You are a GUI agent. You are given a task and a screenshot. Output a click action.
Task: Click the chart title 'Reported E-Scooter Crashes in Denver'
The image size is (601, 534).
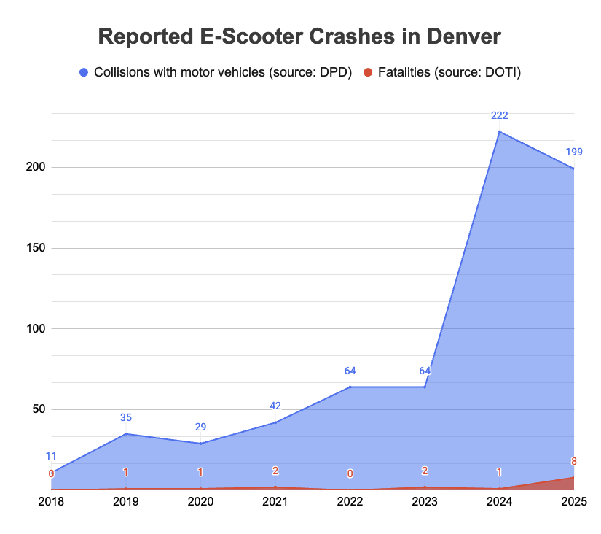click(x=299, y=37)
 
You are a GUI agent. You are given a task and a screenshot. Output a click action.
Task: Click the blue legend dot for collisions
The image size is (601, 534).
click(x=83, y=72)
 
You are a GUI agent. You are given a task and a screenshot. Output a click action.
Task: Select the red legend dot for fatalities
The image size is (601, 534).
click(x=368, y=72)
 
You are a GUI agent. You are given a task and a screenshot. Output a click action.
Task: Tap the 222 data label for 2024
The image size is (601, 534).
click(x=499, y=115)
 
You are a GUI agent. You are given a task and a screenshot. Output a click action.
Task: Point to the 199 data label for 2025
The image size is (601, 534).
click(x=574, y=152)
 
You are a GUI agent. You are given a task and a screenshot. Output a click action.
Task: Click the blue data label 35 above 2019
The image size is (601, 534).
click(x=126, y=418)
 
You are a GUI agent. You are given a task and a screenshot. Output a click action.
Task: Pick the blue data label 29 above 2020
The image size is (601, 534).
click(x=200, y=426)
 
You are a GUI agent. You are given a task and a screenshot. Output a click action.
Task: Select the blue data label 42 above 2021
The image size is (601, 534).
click(x=275, y=406)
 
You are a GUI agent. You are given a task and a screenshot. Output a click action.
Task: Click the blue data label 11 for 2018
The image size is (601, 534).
click(x=51, y=456)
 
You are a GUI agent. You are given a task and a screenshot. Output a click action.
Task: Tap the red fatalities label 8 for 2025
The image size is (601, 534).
click(x=574, y=460)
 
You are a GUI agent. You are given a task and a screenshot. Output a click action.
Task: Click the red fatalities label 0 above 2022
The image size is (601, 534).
click(x=350, y=473)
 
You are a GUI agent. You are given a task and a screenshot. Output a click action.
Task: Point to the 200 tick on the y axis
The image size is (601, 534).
click(x=36, y=167)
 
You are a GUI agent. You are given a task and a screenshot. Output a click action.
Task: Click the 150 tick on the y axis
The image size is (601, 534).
click(x=36, y=248)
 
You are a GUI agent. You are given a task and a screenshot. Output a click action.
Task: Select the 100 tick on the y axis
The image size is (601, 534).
click(x=36, y=328)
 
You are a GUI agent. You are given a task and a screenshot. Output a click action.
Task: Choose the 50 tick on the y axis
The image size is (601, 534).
click(x=39, y=409)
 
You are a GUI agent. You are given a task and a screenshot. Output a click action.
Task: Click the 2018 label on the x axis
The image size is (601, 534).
click(x=51, y=502)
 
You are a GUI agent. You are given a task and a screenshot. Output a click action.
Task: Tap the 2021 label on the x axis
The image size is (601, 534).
click(x=275, y=502)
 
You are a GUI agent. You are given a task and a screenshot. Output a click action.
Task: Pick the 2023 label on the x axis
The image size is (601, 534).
click(x=425, y=502)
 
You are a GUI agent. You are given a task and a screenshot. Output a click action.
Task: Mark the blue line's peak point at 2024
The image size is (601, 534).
click(x=499, y=131)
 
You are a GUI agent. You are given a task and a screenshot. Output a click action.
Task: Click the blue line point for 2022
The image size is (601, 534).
click(x=350, y=387)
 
